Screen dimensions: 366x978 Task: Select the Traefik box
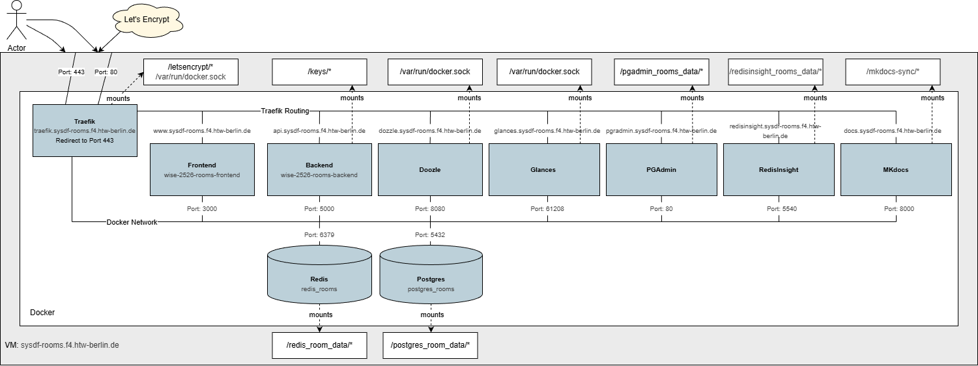tap(85, 130)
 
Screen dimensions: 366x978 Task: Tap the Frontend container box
tap(202, 169)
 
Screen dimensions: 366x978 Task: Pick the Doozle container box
tap(430, 169)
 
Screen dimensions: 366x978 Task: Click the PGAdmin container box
tap(661, 169)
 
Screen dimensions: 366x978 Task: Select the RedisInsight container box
tap(779, 169)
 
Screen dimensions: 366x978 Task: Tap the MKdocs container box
tap(896, 169)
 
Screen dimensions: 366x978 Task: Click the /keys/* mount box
tap(319, 72)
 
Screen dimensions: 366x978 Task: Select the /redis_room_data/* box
tap(319, 345)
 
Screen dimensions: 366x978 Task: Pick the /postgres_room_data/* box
tap(430, 345)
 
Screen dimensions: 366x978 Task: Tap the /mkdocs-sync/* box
tap(893, 72)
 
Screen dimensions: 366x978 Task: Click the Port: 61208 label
tap(547, 209)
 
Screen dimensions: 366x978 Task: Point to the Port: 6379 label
tap(319, 234)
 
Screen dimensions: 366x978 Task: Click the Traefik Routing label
tap(285, 111)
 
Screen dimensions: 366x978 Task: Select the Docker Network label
tap(132, 222)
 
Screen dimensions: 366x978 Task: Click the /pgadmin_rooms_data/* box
tap(661, 72)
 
